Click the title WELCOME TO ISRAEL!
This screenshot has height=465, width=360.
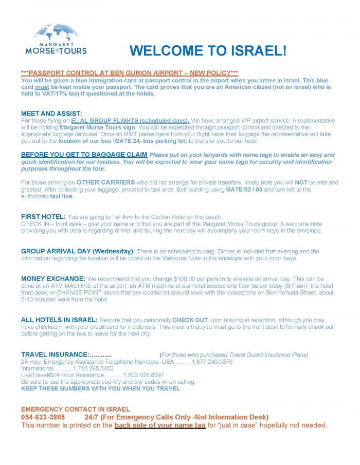coord(208,51)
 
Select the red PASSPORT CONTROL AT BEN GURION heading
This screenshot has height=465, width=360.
coord(130,73)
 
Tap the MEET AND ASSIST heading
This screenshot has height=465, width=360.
coord(51,114)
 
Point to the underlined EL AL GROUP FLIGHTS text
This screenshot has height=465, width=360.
coord(130,120)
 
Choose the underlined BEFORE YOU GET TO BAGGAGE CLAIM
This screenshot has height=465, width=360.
coord(84,155)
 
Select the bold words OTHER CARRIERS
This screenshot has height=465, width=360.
coord(106,182)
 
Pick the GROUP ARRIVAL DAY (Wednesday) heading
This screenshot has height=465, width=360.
coord(78,251)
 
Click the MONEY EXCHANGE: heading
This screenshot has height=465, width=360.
coord(53,278)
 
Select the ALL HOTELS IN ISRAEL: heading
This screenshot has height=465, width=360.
coord(59,320)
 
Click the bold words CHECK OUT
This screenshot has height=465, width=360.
coord(190,320)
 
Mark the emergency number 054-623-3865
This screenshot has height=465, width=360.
coord(43,417)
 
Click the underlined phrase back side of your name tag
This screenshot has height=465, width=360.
coord(160,425)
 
